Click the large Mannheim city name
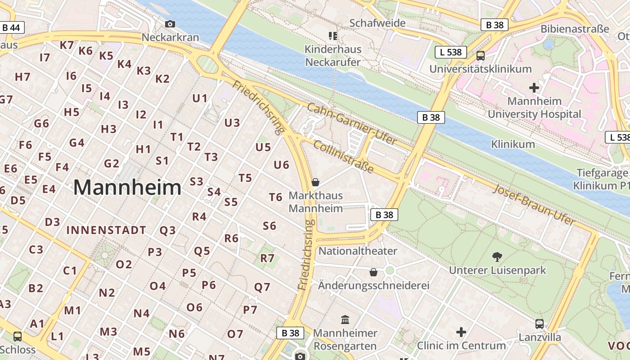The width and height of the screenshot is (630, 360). (x=127, y=188)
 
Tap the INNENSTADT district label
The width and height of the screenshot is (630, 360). (x=106, y=230)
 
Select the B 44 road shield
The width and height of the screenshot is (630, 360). (x=11, y=27)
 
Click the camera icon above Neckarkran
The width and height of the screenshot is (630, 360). (x=170, y=24)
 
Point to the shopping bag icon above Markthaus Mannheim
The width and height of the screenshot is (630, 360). (x=315, y=182)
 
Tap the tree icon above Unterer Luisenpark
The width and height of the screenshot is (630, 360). (x=497, y=257)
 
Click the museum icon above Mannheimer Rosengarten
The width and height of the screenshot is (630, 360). (x=345, y=319)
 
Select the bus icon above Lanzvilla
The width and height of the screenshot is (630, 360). (x=540, y=324)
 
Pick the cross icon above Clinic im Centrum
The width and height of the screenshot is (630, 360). (x=461, y=332)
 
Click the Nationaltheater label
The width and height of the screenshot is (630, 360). (x=358, y=251)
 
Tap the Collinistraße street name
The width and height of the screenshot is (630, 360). (x=343, y=157)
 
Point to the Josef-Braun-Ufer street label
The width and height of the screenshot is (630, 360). (x=534, y=205)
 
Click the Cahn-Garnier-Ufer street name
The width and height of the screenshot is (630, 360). (x=352, y=124)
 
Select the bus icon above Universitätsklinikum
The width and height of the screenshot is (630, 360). (x=480, y=56)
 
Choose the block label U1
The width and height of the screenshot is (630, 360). (x=200, y=98)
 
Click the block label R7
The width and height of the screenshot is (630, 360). (x=267, y=258)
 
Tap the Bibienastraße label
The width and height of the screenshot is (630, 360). (x=575, y=29)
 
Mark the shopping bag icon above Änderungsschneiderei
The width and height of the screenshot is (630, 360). (x=373, y=272)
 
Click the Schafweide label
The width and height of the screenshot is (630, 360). (x=377, y=23)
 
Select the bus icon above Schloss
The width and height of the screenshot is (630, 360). (x=18, y=336)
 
